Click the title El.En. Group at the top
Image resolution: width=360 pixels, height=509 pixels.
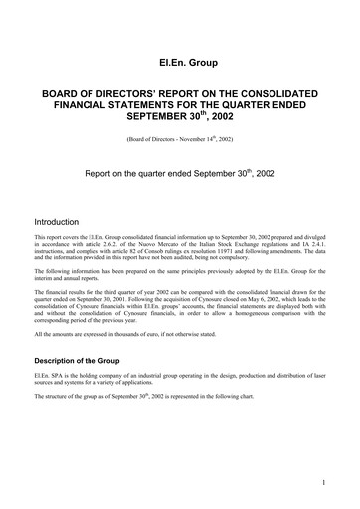(x=179, y=63)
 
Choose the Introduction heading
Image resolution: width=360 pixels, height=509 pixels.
(x=63, y=221)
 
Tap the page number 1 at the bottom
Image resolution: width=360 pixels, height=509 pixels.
(x=324, y=483)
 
